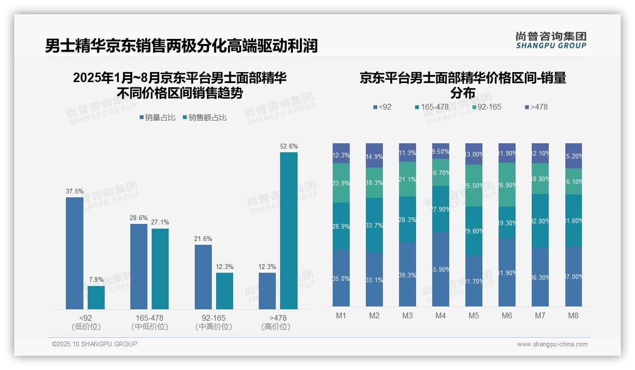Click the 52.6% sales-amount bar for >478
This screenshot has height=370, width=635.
pos(289,231)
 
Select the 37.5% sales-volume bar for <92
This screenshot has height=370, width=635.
pos(74,253)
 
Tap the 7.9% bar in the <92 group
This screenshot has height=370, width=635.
pos(96,297)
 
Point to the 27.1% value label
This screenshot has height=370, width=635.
pos(160,222)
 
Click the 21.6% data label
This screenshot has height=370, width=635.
pos(203,239)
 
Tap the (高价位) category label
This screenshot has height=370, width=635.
pos(275,327)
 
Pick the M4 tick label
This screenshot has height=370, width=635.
pos(440,316)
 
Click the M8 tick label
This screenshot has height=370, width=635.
pos(573,316)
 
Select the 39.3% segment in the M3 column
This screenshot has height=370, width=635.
pos(407,275)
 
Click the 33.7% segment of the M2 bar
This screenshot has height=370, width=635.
pos(374,225)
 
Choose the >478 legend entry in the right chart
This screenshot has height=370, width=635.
pos(536,107)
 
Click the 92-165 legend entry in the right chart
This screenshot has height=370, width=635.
pos(486,107)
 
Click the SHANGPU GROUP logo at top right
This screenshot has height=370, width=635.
pos(551,40)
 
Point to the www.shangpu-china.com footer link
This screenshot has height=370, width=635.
pos(552,344)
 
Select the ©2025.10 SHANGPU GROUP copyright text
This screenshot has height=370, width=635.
pos(95,344)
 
